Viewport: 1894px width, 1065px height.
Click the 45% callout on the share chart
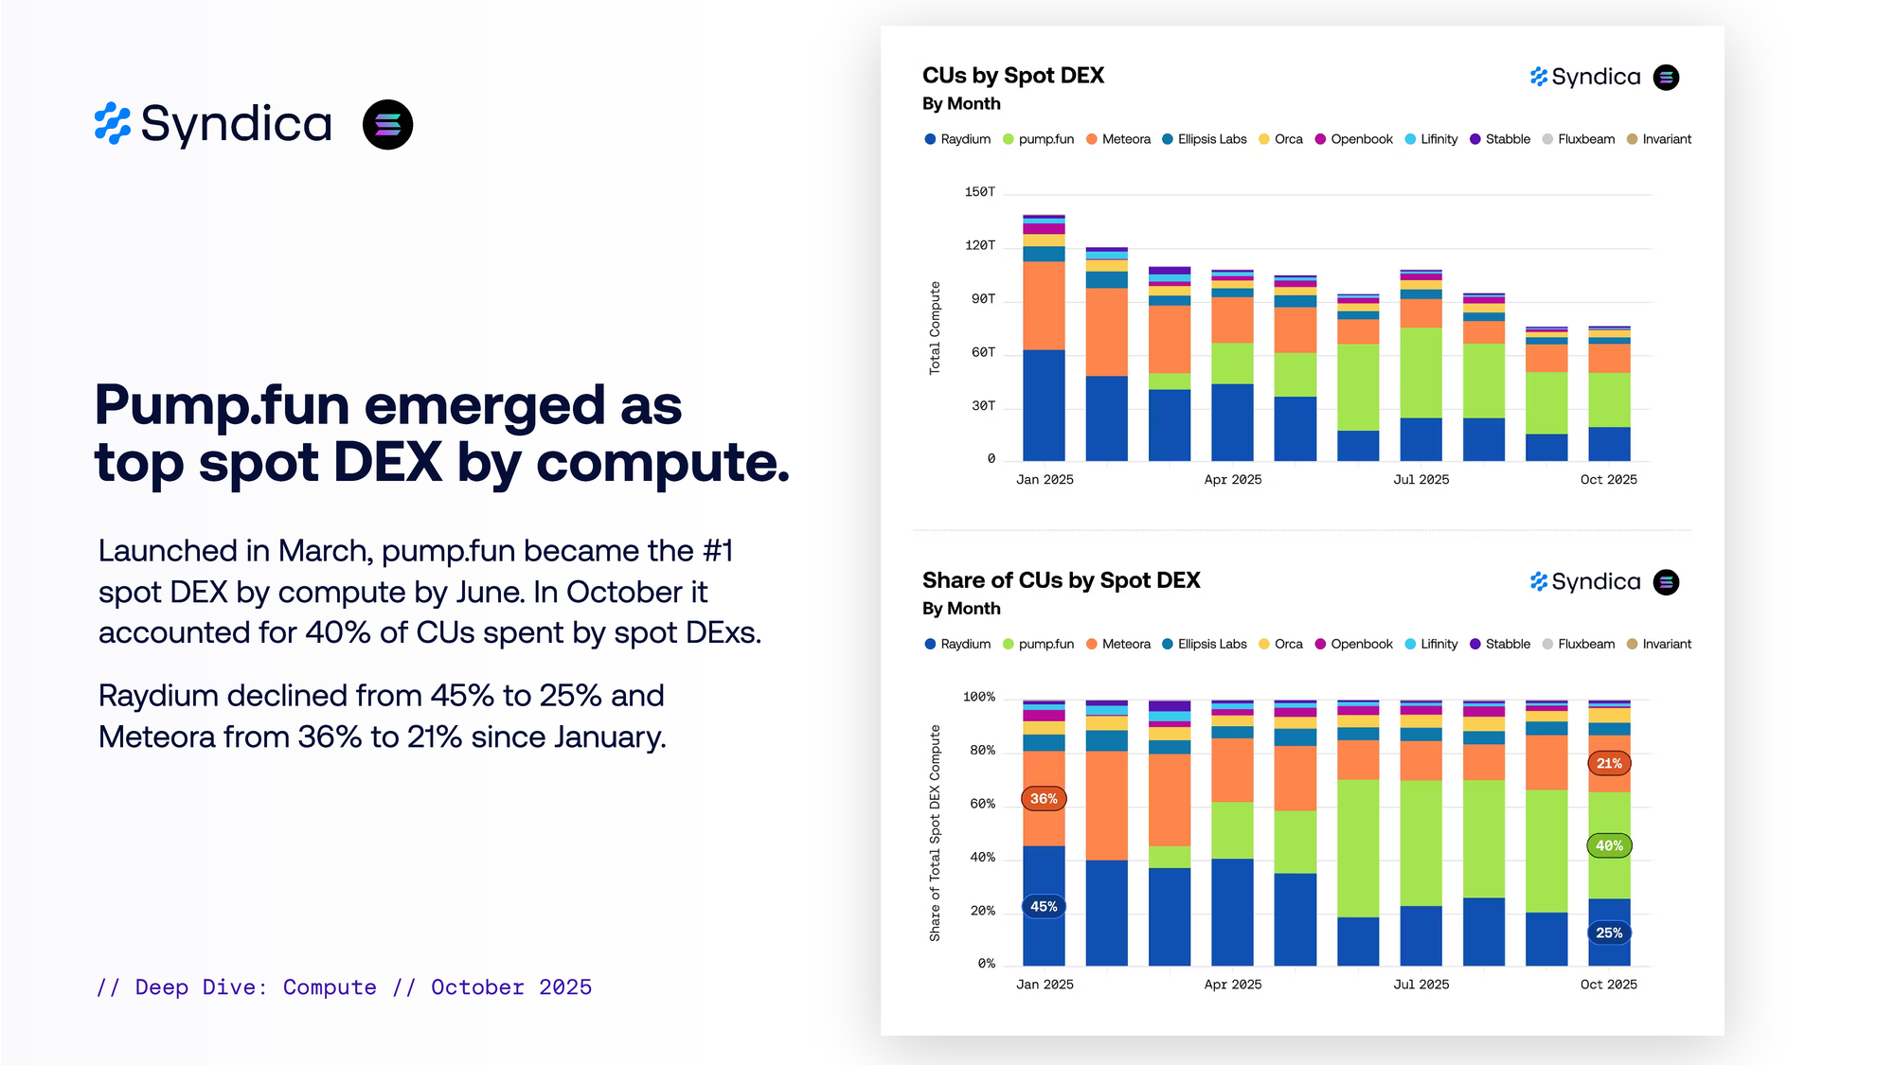pyautogui.click(x=1044, y=907)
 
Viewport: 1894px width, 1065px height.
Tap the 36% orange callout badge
pyautogui.click(x=1044, y=799)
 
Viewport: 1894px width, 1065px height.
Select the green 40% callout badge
pyautogui.click(x=1609, y=846)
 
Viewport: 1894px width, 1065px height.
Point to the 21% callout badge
pyautogui.click(x=1609, y=764)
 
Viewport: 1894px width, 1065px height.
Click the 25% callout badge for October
pyautogui.click(x=1609, y=933)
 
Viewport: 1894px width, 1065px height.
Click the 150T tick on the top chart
pyautogui.click(x=979, y=192)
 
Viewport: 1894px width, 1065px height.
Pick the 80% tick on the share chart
pyautogui.click(x=982, y=751)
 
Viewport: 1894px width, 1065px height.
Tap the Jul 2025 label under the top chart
pyautogui.click(x=1420, y=480)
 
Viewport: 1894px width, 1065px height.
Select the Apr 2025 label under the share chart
pyautogui.click(x=1232, y=985)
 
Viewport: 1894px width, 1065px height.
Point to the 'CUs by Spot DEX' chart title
pyautogui.click(x=1012, y=76)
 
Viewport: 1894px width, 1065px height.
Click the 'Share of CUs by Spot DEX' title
pyautogui.click(x=1061, y=580)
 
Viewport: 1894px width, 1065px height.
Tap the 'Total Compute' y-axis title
pyautogui.click(x=935, y=328)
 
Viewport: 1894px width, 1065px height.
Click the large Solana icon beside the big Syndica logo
pyautogui.click(x=387, y=125)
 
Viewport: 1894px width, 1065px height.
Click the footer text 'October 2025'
pyautogui.click(x=511, y=987)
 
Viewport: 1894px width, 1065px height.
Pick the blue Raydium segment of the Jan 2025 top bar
pyautogui.click(x=1044, y=405)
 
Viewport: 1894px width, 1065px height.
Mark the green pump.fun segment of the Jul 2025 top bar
pyautogui.click(x=1420, y=373)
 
